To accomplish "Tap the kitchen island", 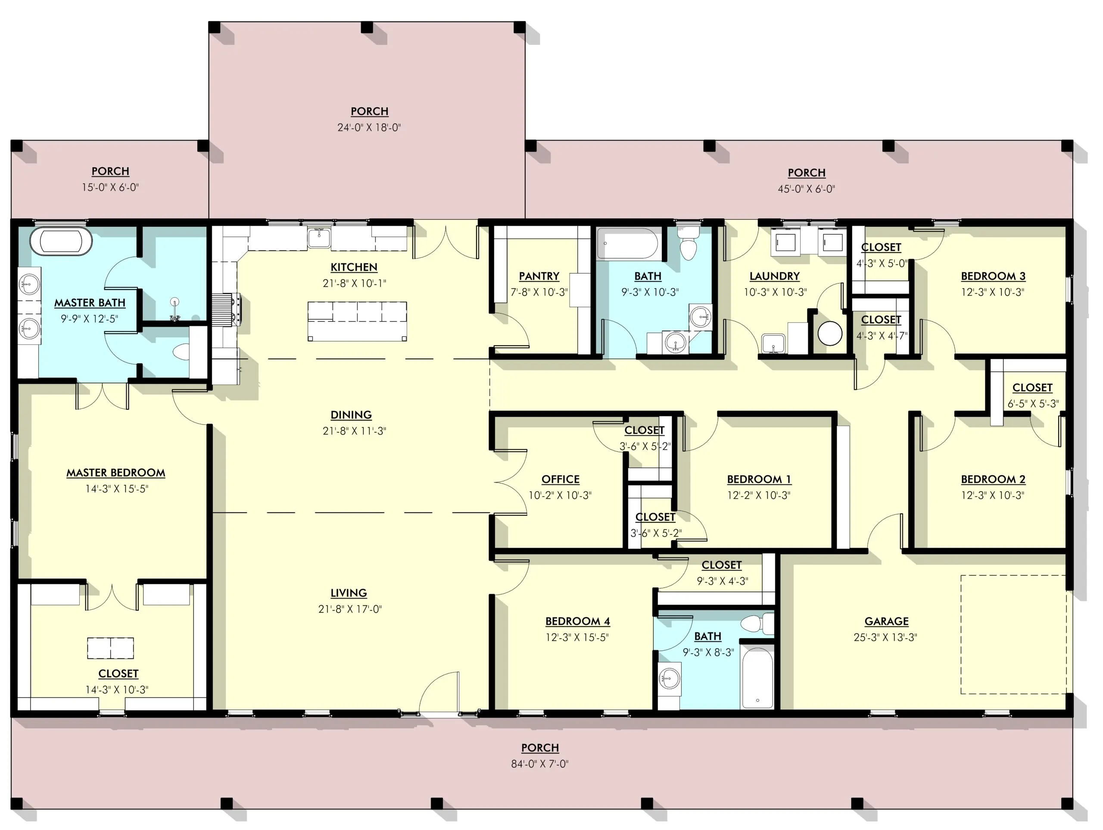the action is (357, 321).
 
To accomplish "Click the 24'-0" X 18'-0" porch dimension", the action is (369, 128).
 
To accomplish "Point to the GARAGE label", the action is (886, 621).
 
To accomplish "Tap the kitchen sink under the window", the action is (319, 238).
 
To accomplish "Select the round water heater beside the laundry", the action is (830, 334).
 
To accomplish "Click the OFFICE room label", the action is (561, 479).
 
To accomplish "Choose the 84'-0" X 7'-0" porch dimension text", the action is (539, 764).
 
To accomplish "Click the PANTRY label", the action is (539, 276).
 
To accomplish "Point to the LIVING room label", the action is (349, 593).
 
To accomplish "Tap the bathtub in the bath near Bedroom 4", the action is (757, 677).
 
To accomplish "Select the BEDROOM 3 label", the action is (993, 276).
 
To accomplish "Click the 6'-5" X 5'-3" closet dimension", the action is (1033, 403).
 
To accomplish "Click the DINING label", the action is (351, 415).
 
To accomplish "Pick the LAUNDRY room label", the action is (774, 276).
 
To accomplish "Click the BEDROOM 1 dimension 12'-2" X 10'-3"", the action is (758, 495).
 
